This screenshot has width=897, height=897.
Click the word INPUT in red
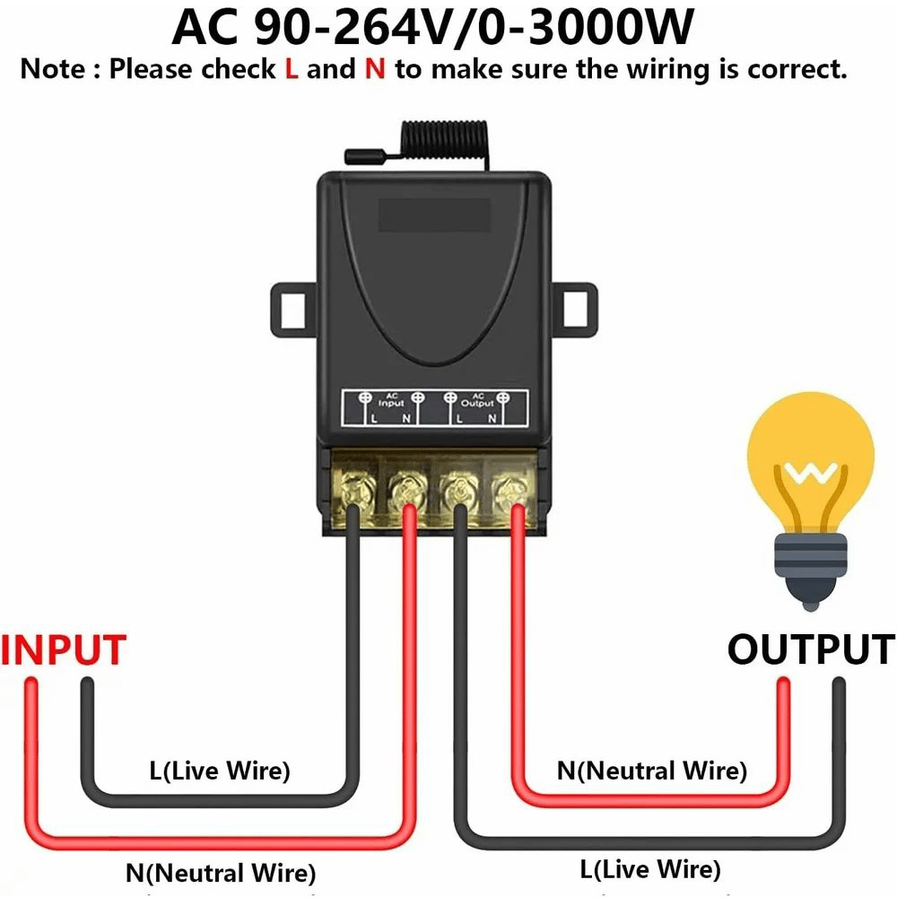pos(64,650)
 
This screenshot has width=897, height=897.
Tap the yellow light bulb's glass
pos(810,466)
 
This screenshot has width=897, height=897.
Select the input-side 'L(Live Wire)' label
pos(220,770)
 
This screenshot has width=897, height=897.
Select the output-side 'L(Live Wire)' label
pos(650,868)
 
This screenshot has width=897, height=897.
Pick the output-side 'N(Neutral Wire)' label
pos(651,770)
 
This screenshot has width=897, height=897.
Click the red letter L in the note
pos(291,70)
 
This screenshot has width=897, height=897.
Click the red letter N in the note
pos(374,70)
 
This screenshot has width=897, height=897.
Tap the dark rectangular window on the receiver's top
pos(434,216)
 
